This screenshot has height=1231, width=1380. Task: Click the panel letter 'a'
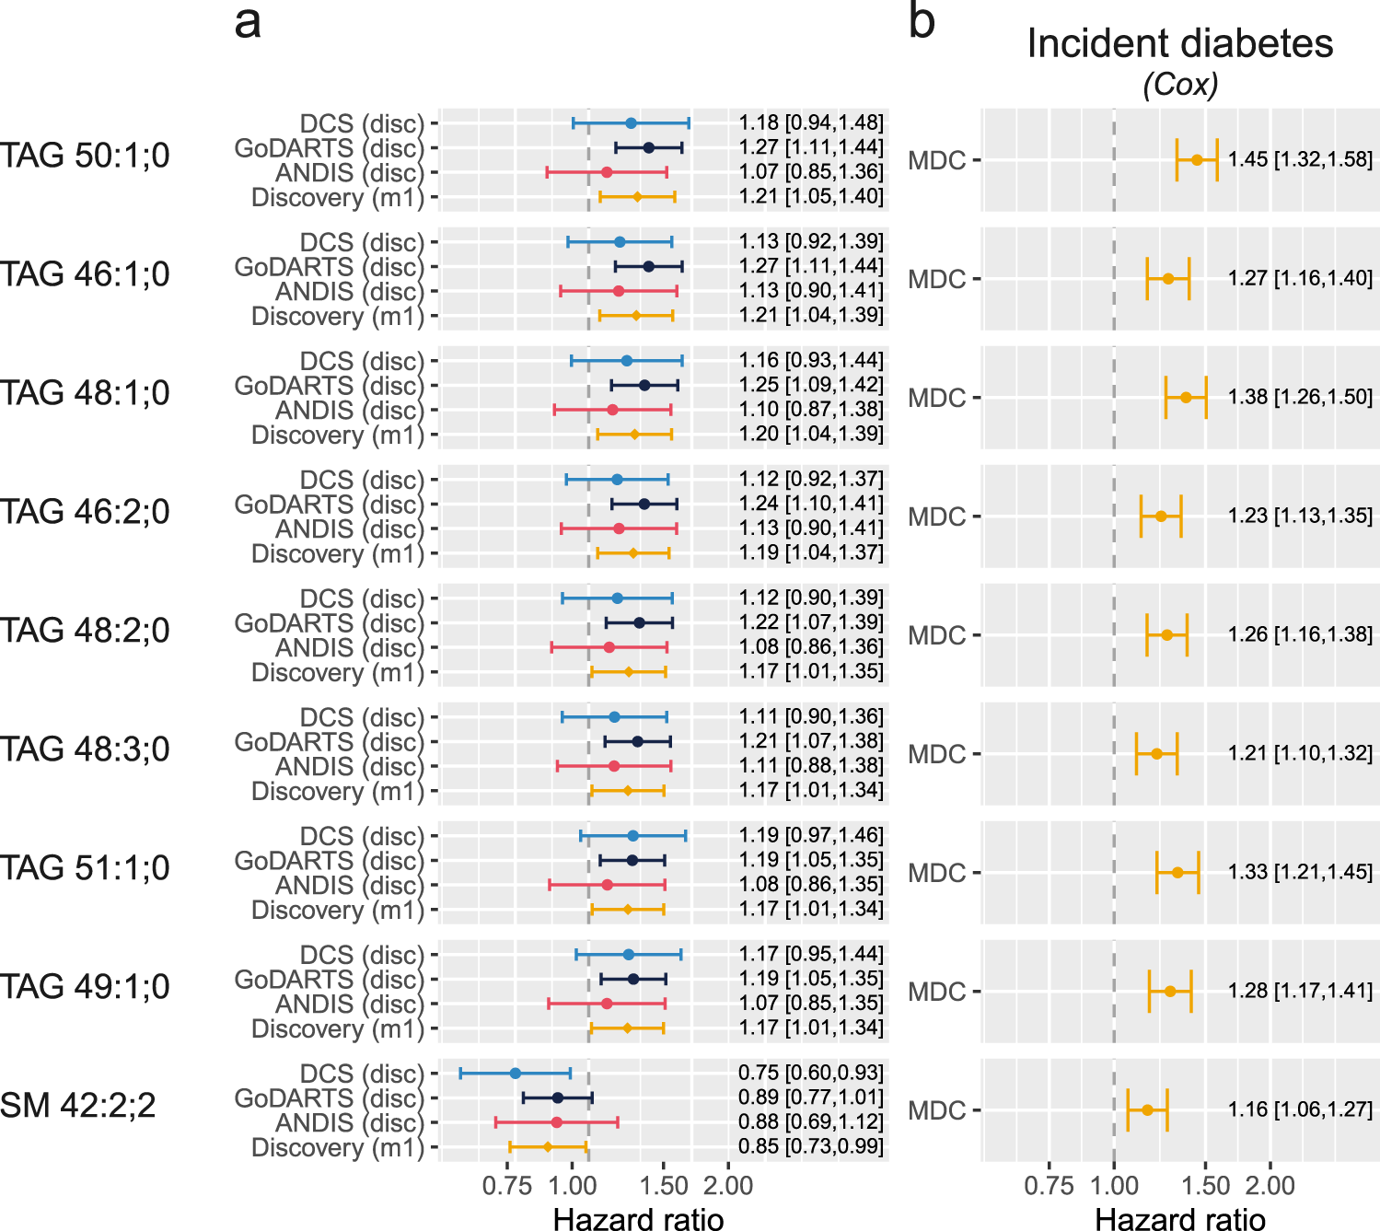pos(248,22)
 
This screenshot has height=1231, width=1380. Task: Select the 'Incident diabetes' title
pos(1179,43)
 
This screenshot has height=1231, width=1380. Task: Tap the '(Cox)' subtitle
pos(1180,85)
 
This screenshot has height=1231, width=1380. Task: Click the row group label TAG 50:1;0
pos(85,156)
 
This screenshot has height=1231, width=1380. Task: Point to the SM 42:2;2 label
pos(78,1105)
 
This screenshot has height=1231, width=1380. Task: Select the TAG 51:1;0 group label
pos(85,867)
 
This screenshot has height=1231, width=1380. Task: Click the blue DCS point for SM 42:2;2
pos(516,1074)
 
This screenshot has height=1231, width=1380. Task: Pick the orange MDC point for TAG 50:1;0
pos(1197,159)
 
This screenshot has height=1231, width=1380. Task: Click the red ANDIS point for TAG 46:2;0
pos(619,528)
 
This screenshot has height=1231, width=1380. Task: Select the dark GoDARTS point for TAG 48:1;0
pos(644,386)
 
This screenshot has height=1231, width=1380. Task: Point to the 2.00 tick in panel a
pos(728,1186)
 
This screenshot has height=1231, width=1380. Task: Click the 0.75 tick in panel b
pos(1049,1186)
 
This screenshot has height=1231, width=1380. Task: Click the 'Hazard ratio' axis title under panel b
pos(1179,1219)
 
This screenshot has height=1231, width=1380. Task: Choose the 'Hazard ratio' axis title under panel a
pos(638,1219)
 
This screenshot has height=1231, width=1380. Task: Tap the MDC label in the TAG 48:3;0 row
pos(936,754)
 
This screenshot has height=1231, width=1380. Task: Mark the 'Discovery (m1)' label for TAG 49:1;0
pos(337,1028)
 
